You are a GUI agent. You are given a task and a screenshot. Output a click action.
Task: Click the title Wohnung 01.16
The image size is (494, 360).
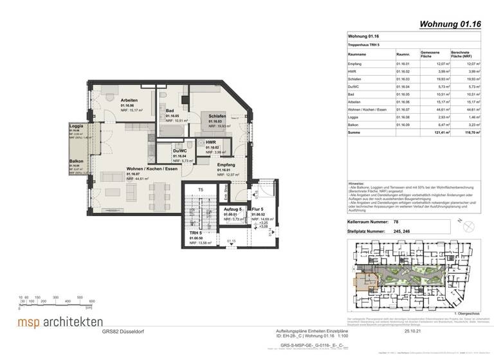click(x=450, y=25)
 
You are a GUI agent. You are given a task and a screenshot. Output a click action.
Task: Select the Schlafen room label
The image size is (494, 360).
click(x=217, y=116)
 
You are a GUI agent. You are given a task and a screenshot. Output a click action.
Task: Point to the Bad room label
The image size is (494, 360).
click(x=170, y=111)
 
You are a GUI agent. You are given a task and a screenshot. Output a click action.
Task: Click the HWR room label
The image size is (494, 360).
click(x=210, y=142)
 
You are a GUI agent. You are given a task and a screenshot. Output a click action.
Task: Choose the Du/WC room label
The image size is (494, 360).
click(x=179, y=152)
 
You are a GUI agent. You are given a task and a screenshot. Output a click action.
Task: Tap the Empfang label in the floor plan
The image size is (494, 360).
click(x=226, y=165)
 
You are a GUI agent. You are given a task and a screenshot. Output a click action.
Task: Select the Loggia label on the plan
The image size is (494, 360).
click(x=76, y=126)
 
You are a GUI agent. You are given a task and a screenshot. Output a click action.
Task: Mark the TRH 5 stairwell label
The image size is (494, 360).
click(x=196, y=232)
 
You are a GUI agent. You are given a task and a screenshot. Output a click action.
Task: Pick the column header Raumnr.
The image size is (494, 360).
click(x=403, y=55)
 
